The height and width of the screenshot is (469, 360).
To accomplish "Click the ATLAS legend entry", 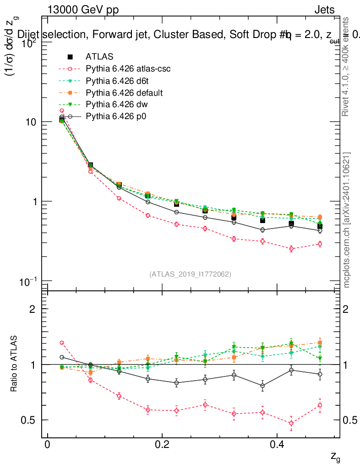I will (99, 57).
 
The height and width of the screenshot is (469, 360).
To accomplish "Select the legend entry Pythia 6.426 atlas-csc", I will (119, 69).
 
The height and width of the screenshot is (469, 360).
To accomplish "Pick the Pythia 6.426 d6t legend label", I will (112, 81).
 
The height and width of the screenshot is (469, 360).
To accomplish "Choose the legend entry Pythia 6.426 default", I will (118, 93).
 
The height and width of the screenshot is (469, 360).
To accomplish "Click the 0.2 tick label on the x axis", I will (161, 445).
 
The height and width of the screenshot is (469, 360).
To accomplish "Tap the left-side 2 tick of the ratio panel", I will (33, 309).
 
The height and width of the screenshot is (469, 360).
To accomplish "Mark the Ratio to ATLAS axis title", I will (15, 364).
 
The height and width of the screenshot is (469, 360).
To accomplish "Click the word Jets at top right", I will (324, 11).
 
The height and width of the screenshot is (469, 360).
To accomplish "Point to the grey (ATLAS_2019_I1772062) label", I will (190, 274).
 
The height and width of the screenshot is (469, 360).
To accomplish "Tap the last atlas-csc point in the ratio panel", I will (320, 405).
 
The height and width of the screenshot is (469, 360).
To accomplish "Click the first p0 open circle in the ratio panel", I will (62, 357).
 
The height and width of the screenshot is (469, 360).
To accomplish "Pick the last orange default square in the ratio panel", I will (320, 343).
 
